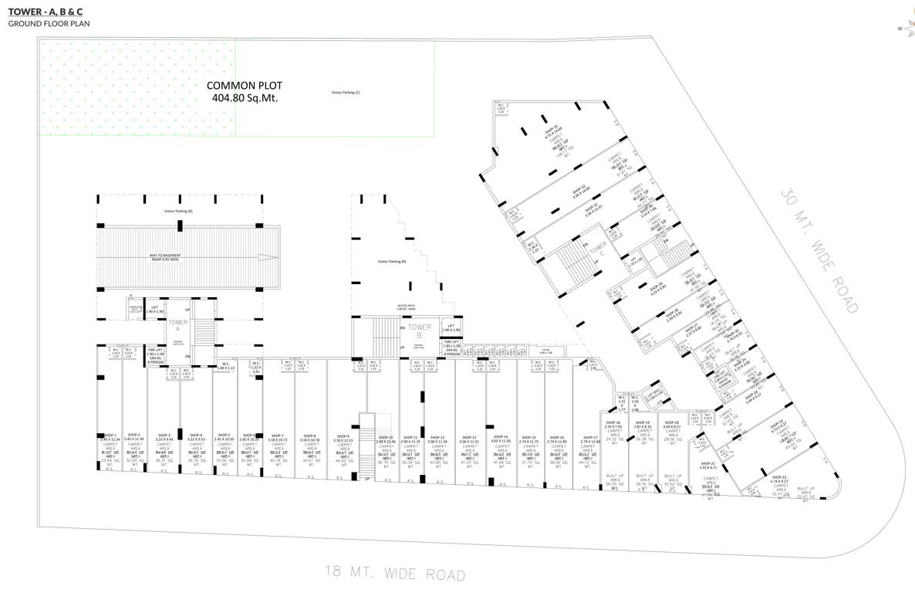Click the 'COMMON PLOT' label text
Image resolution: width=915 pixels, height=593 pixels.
click(244, 86)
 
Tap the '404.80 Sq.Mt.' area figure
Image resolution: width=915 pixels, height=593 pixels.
click(244, 98)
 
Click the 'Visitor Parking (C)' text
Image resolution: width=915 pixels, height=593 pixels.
click(346, 92)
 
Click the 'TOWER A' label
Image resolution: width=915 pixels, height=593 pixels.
click(178, 326)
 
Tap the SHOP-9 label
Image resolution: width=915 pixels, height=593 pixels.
click(343, 437)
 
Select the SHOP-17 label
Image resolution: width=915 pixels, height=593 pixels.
click(590, 438)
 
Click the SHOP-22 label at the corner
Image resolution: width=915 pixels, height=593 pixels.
click(779, 478)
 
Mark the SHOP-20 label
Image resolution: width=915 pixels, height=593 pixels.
click(672, 423)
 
